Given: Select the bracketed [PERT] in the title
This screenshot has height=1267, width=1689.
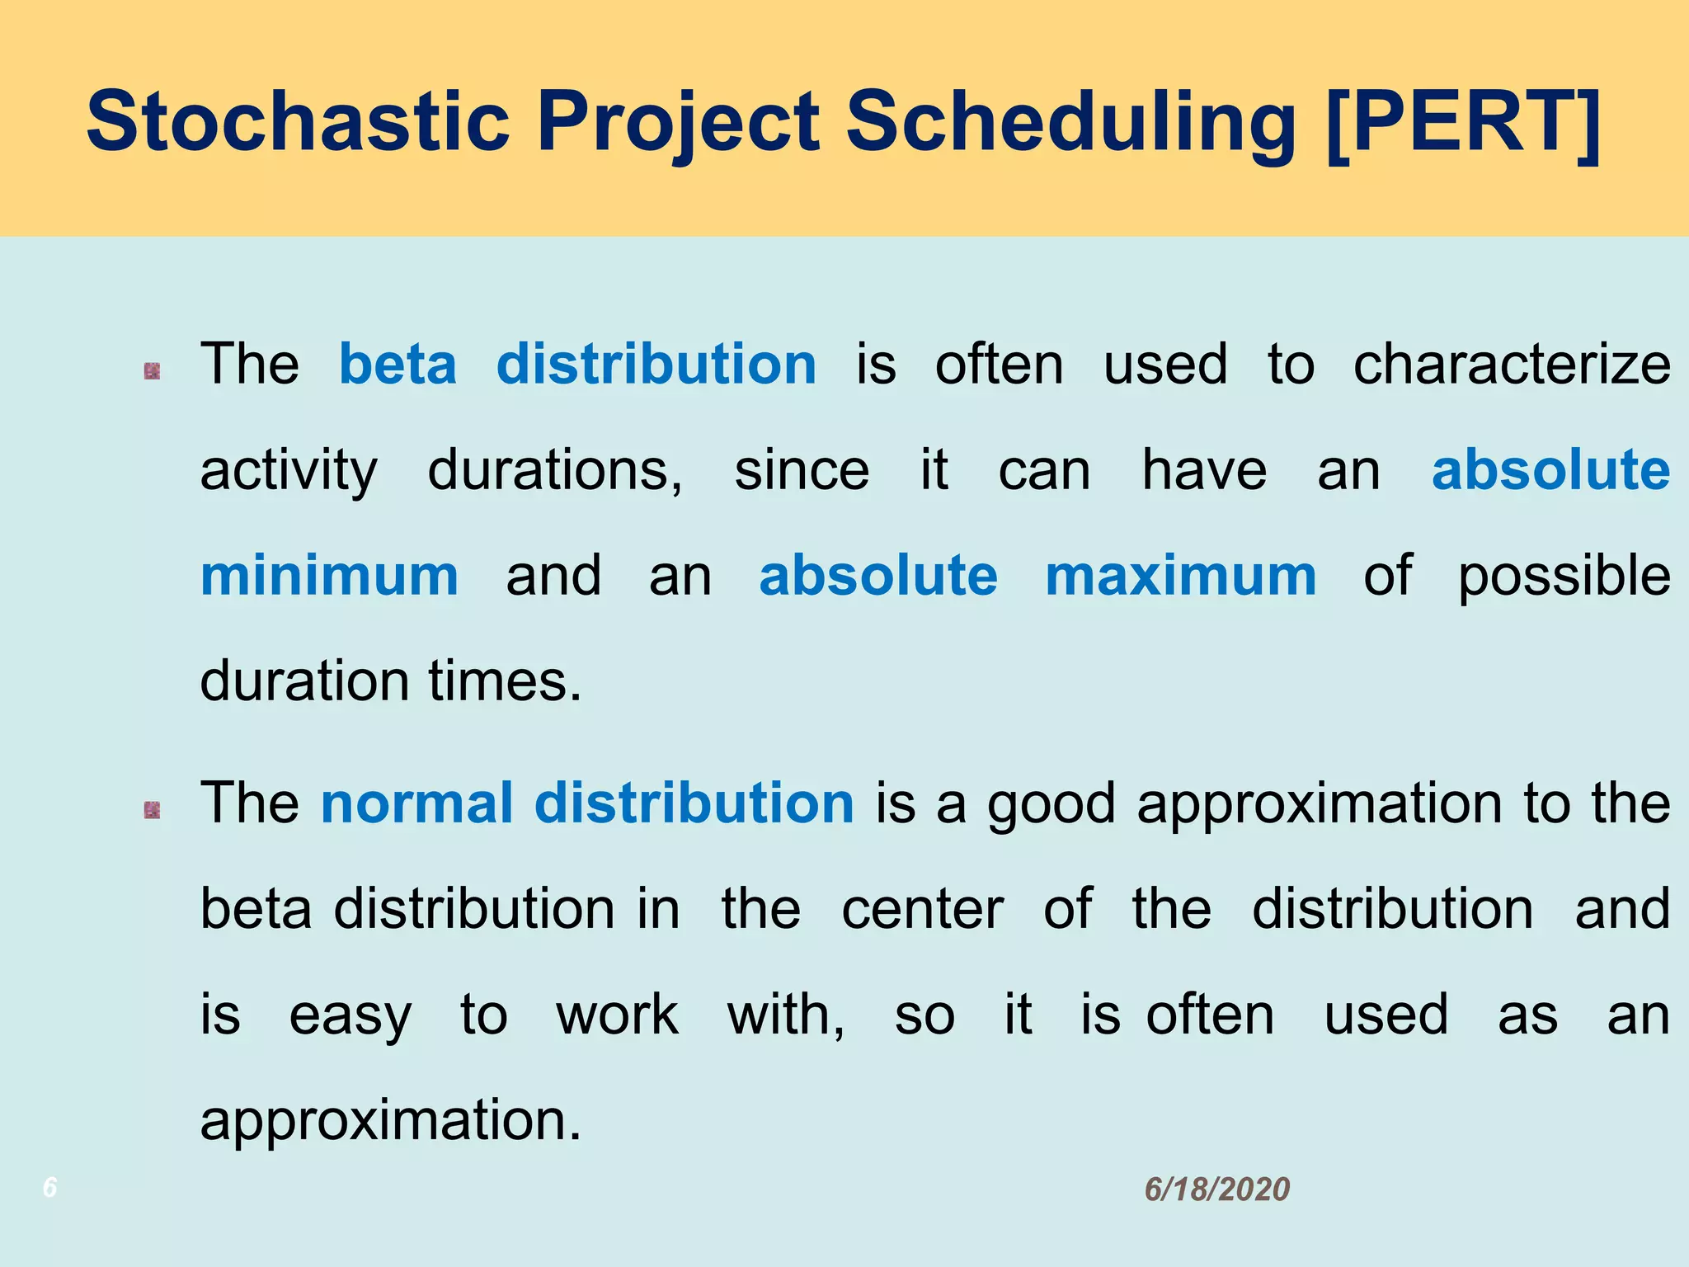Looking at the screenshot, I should click(1464, 122).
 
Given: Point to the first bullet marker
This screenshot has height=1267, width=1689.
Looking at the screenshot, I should click(152, 372).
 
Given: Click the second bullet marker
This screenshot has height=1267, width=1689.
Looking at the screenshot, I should click(152, 811).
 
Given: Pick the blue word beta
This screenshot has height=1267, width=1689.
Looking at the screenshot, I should click(398, 365).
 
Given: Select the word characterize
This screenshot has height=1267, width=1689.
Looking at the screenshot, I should click(1512, 365).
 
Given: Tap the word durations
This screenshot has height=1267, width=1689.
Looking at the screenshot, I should click(555, 470).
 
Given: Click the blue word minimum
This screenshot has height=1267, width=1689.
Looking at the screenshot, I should click(329, 576).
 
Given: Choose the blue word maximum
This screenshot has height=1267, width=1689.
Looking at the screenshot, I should click(1180, 576).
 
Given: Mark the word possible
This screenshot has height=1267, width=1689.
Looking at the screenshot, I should click(1564, 576).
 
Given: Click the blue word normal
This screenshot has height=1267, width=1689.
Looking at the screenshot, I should click(416, 803).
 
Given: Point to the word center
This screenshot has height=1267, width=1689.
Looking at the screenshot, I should click(922, 909).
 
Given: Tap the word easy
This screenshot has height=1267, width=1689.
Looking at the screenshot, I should click(350, 1015).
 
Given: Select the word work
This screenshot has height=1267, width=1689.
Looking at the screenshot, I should click(617, 1015).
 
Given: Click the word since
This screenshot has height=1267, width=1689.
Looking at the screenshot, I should click(802, 470).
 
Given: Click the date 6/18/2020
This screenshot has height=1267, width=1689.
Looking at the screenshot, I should click(1216, 1189).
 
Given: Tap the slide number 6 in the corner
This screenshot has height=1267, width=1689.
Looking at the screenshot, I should click(50, 1188).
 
